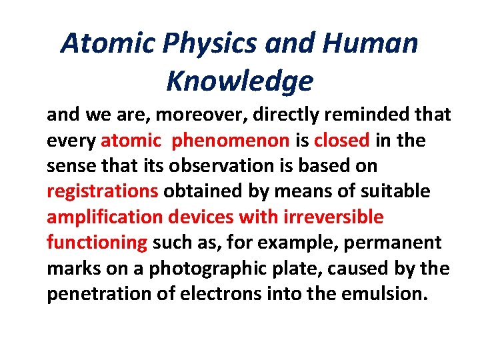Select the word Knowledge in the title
239,81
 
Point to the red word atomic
131,141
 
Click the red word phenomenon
231,141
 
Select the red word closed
341,141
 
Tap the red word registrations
102,192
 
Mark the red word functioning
97,243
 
